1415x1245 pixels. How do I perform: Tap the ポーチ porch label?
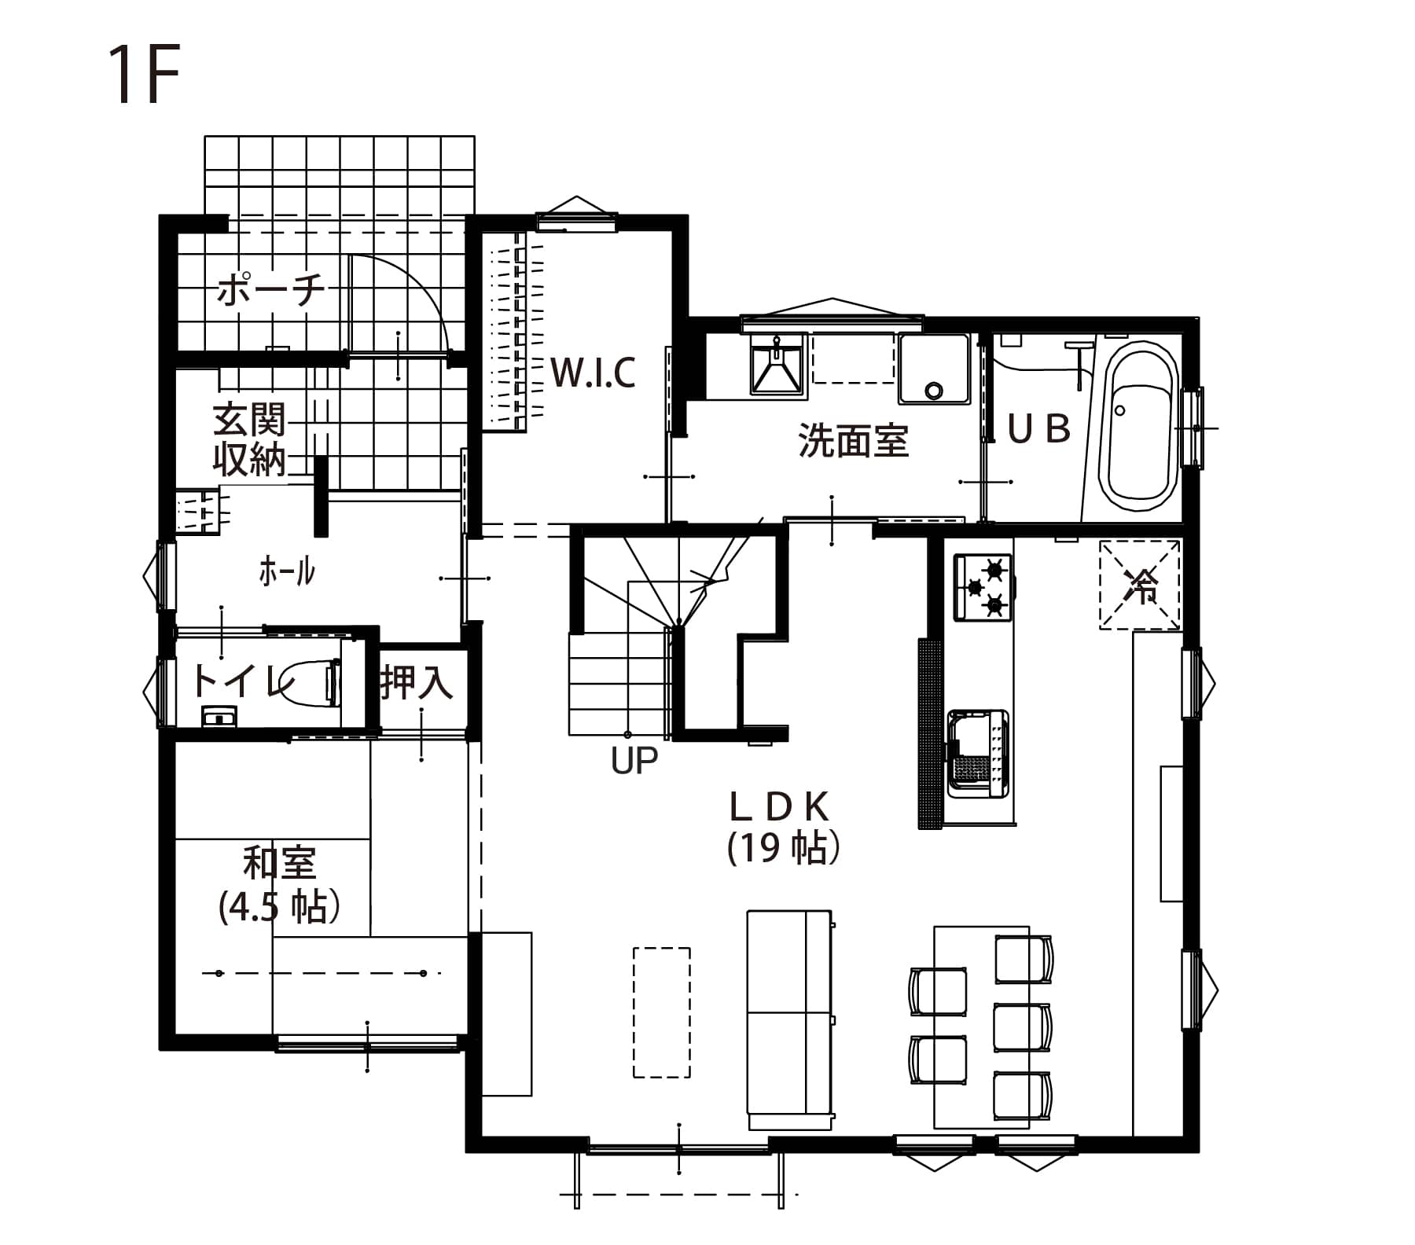tap(270, 291)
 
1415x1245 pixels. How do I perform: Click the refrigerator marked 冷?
tap(1141, 585)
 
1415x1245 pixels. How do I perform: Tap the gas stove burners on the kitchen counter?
tap(983, 587)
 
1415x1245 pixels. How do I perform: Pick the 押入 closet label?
tap(417, 681)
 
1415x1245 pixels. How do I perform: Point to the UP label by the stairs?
tap(634, 760)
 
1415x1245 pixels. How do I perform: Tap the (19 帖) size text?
tap(784, 847)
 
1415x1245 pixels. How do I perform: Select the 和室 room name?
tap(279, 862)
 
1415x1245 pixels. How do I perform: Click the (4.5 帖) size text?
tap(279, 905)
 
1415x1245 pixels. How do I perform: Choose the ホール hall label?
tap(287, 571)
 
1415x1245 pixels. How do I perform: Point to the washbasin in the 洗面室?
tap(777, 363)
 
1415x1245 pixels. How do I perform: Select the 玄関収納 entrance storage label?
tap(249, 440)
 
